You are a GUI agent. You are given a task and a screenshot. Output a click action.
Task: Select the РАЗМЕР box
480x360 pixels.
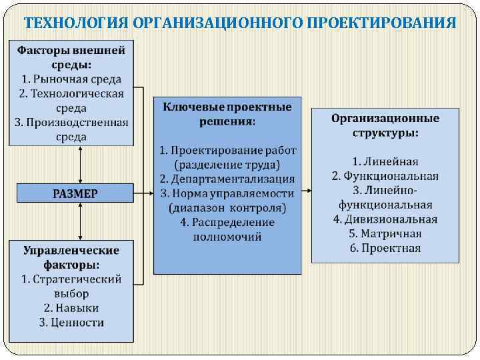(75, 193)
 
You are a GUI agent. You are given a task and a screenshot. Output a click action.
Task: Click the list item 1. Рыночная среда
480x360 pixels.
(71, 79)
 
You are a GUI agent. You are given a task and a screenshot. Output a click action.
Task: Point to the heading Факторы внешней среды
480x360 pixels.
(71, 57)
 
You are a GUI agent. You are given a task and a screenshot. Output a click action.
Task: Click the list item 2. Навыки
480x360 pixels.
(71, 308)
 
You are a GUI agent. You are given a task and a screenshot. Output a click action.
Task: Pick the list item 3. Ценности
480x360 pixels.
(71, 323)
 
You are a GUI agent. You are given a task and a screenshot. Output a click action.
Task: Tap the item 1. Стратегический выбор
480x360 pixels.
(71, 286)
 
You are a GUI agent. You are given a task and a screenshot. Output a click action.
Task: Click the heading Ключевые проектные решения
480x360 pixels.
(227, 114)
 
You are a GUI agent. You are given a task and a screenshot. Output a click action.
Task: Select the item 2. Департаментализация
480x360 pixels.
(227, 179)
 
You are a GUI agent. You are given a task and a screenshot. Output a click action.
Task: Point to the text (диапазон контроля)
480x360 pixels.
(227, 208)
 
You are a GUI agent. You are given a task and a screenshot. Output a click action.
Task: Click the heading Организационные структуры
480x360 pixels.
(385, 125)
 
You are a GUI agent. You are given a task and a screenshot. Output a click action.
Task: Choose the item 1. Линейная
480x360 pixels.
(385, 161)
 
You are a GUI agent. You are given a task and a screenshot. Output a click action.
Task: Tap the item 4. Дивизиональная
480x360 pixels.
(385, 219)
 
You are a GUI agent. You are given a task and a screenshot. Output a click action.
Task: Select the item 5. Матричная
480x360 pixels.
(385, 234)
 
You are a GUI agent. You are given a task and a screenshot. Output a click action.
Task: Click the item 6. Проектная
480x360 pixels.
(385, 249)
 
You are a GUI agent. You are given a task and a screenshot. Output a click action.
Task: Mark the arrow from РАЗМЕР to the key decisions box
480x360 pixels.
(143, 193)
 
